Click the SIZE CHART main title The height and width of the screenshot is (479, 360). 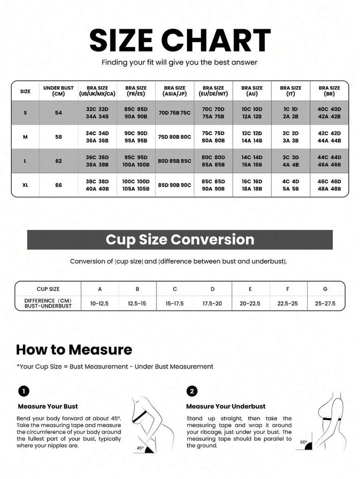point(180,40)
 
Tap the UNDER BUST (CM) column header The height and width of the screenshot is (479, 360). point(59,91)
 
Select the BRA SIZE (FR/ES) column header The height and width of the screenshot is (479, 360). point(136,91)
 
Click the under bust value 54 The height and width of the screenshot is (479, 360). point(59,113)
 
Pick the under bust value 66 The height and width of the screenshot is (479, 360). point(59,185)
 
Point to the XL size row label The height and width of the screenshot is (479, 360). point(25,185)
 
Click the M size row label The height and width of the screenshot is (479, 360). point(25,137)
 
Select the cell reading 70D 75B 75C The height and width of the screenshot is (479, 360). point(175,113)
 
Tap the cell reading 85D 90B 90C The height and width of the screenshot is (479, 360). point(175,185)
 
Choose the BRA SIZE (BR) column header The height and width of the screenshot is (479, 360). point(329,91)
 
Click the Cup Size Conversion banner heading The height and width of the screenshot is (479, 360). point(180,239)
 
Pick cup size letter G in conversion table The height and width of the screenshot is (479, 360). point(325,289)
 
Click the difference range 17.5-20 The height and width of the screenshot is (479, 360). point(213,303)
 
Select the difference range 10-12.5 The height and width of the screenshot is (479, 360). point(99,303)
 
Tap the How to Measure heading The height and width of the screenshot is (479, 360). point(74,349)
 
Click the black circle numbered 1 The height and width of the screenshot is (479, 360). point(23,392)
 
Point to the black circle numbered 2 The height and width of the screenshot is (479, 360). point(192,392)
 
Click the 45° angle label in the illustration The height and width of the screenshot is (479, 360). point(140,448)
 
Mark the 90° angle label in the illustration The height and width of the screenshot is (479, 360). point(303,442)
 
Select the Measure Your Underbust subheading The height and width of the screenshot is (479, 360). point(226,406)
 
